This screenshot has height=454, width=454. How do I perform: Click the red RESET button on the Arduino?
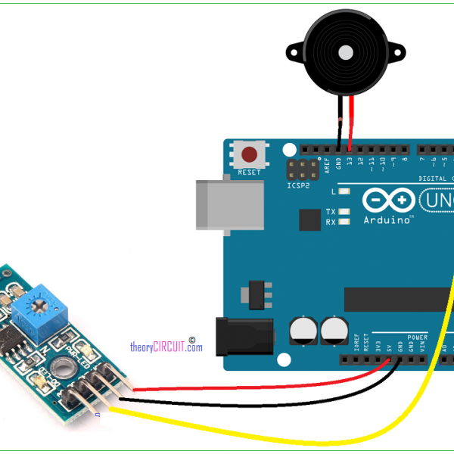[248, 155]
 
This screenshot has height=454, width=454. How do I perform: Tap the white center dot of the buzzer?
[345, 53]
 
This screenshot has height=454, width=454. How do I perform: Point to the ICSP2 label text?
[298, 185]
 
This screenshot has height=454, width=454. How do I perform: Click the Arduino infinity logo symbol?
[389, 201]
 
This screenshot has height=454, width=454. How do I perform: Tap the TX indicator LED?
[344, 212]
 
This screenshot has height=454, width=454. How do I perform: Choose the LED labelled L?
[344, 192]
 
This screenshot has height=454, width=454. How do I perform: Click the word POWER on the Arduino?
[417, 337]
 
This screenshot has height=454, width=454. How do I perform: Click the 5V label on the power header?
[389, 347]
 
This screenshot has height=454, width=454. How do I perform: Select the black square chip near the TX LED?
[309, 219]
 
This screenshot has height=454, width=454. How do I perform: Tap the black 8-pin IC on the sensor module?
[13, 338]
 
